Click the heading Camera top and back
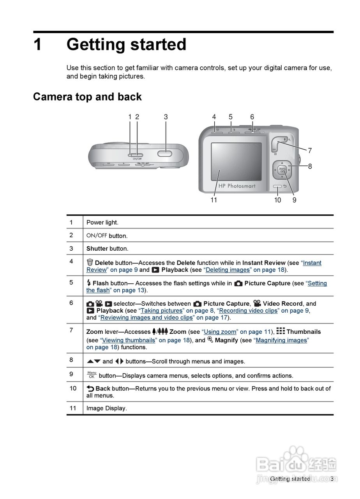click(87, 97)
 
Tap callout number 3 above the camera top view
click(166, 117)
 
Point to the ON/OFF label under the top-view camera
click(137, 159)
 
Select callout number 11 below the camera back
click(214, 200)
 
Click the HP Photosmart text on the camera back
click(237, 186)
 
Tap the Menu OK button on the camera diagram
click(282, 170)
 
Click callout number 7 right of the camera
click(310, 150)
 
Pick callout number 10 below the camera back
click(277, 200)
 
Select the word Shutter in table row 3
click(97, 248)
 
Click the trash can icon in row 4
click(90, 262)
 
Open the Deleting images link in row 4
click(228, 270)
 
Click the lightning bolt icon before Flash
click(89, 283)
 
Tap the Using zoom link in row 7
click(220, 332)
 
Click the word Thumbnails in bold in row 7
click(304, 332)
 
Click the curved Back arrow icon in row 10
click(90, 388)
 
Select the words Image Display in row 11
click(106, 408)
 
